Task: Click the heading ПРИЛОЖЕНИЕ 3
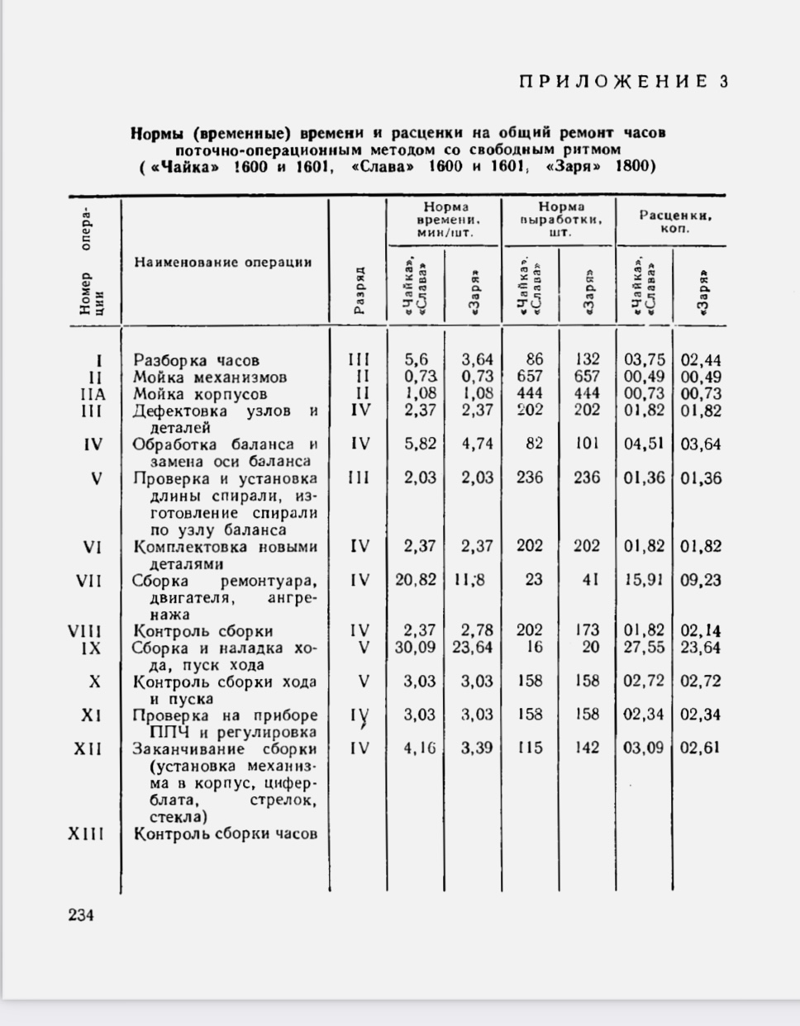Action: point(624,81)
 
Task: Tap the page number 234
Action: point(81,914)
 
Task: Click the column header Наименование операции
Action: point(223,262)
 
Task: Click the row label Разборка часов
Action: point(197,360)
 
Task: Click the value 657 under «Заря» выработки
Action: point(587,377)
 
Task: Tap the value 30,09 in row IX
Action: point(415,648)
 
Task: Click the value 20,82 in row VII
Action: point(415,580)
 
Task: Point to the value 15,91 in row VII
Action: point(644,580)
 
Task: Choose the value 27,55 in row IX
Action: point(644,648)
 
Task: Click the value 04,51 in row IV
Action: point(644,444)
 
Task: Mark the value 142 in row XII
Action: point(587,748)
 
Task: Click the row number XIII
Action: point(86,834)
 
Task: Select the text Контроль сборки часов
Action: point(226,834)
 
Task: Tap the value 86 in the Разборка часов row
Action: point(535,359)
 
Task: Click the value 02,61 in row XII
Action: point(700,748)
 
